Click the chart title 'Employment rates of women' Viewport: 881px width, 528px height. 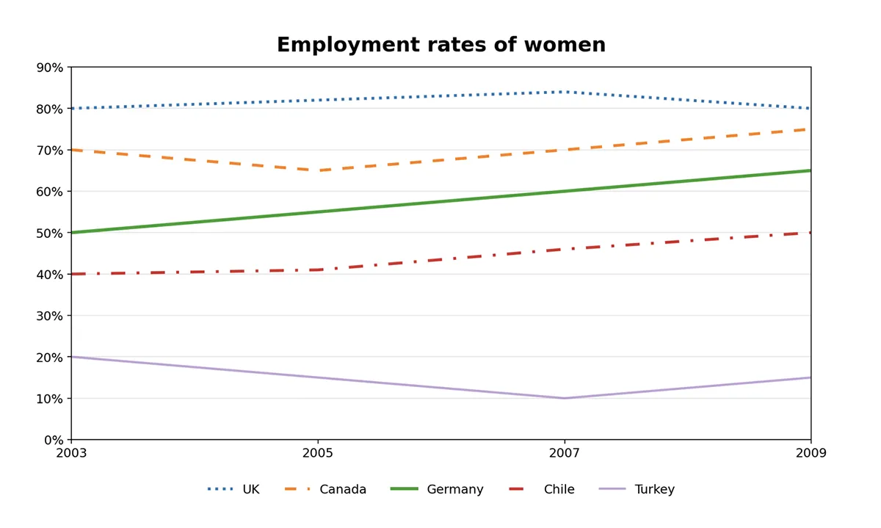[x=440, y=45]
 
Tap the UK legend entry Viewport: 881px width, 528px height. [x=250, y=489]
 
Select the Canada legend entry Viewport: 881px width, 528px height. [x=342, y=489]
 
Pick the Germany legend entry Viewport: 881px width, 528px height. [x=454, y=489]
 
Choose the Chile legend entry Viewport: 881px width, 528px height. [x=559, y=489]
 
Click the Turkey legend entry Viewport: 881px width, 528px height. [x=654, y=489]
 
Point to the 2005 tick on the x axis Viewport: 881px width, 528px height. [x=318, y=453]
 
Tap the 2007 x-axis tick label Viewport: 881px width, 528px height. [x=565, y=453]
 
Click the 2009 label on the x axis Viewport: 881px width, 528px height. [x=811, y=453]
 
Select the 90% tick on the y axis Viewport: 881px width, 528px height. [x=50, y=68]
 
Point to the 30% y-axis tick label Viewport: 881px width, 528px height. [x=50, y=316]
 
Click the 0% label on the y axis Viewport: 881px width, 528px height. [x=53, y=440]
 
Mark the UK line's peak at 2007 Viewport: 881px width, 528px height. [x=565, y=92]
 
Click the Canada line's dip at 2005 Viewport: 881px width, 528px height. [x=318, y=170]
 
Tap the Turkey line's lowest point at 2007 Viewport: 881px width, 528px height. [x=565, y=398]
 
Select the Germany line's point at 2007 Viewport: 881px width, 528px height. [x=565, y=191]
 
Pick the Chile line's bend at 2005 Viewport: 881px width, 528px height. [x=318, y=270]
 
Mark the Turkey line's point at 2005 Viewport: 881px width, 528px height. [x=318, y=377]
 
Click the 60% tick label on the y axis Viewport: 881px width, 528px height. [x=50, y=192]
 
